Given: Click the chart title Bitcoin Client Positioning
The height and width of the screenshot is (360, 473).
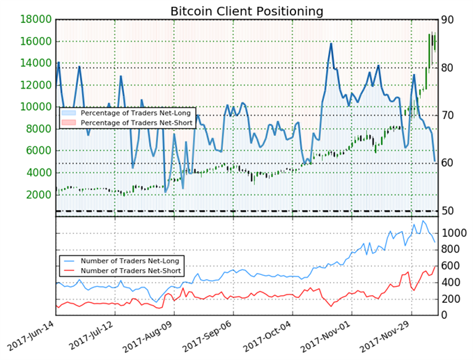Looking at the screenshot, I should pos(247,11).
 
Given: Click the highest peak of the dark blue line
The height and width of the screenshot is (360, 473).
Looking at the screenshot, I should pos(331,43).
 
